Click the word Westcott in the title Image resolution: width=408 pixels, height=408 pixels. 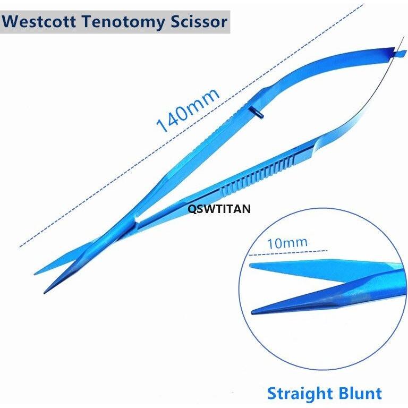(x=39, y=22)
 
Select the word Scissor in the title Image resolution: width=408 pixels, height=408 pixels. (x=199, y=22)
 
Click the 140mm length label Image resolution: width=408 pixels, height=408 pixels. (x=188, y=110)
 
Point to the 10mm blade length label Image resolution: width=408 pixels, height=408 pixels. (x=287, y=243)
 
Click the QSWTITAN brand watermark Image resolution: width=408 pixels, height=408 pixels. (x=219, y=209)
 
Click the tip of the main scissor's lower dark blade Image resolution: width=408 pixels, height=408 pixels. (x=45, y=293)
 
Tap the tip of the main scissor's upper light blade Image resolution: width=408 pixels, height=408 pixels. (x=35, y=274)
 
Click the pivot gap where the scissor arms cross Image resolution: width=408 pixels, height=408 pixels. (x=137, y=218)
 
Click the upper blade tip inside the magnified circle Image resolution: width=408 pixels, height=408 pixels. (x=251, y=266)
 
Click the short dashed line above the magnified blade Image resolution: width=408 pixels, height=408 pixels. (x=288, y=253)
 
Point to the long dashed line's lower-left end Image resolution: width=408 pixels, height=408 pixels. (x=20, y=246)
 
